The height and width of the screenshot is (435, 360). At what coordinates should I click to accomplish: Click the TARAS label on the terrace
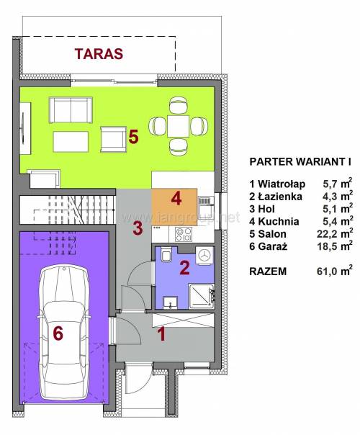[x=99, y=54]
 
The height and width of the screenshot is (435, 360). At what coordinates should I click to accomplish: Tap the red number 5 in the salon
[x=133, y=137]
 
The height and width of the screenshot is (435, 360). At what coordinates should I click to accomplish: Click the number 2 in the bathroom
[x=184, y=268]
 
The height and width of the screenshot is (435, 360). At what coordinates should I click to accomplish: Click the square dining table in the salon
[x=178, y=126]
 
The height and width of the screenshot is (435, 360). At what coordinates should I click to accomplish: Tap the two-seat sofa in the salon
[x=71, y=110]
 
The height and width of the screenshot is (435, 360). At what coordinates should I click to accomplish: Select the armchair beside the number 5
[x=113, y=139]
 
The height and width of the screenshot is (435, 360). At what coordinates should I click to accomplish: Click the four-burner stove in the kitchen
[x=184, y=234]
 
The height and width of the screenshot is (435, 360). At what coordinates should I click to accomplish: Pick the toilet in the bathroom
[x=166, y=254]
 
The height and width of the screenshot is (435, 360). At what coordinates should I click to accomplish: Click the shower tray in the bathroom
[x=202, y=296]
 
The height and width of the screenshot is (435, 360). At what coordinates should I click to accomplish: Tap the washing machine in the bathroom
[x=204, y=255]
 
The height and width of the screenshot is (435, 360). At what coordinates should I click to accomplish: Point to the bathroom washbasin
[x=171, y=302]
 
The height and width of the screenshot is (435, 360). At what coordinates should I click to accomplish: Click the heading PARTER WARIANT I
[x=300, y=161]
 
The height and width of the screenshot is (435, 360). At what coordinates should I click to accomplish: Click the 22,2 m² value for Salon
[x=335, y=233]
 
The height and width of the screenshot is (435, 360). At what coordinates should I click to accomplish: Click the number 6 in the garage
[x=58, y=333]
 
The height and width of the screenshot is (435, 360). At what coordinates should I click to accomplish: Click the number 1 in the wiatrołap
[x=161, y=334]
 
